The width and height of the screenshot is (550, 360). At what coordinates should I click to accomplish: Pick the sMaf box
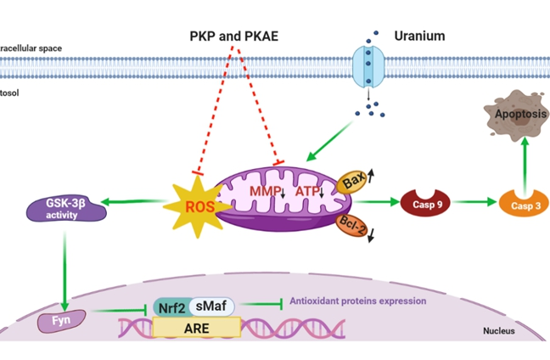[210, 305]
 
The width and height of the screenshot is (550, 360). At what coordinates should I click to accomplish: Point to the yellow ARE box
[196, 326]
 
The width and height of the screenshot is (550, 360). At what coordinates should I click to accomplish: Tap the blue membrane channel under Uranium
[368, 67]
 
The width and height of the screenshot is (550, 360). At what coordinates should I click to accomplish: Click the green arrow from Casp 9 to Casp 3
[476, 204]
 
